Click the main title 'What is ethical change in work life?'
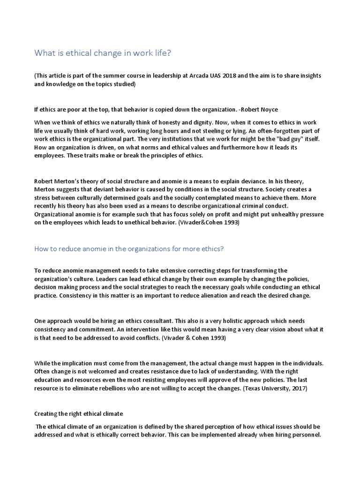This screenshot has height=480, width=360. point(103,53)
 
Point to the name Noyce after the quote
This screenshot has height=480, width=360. point(268,109)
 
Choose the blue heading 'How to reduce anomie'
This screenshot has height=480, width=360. point(129,249)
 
